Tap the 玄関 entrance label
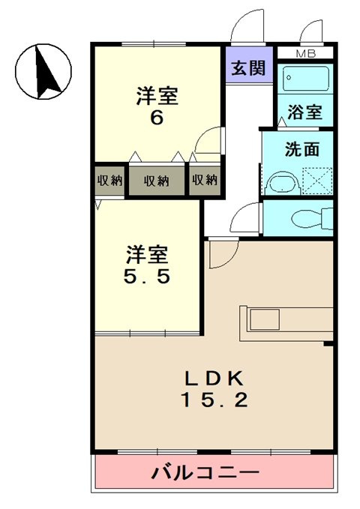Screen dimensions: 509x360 tap(247, 68)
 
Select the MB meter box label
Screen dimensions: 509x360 tap(305, 53)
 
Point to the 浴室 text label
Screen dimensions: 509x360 tap(305, 112)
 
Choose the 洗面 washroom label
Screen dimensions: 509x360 tap(302, 148)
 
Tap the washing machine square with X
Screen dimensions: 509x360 tap(315, 180)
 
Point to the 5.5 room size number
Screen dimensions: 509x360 tap(147, 276)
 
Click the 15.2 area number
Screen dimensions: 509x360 tap(213, 400)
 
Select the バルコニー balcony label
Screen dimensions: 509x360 tap(205, 473)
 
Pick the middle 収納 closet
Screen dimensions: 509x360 tap(156, 181)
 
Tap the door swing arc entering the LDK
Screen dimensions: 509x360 tap(222, 256)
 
